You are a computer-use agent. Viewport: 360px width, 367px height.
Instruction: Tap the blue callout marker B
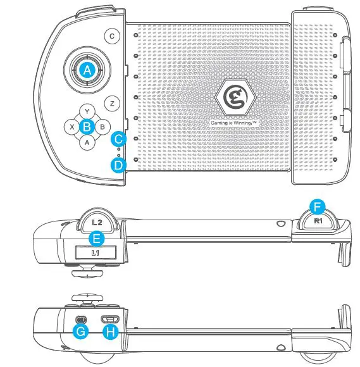tap(88, 126)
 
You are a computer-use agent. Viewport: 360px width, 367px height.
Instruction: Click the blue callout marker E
tap(96, 239)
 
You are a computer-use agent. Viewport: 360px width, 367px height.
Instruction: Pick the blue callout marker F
tap(318, 206)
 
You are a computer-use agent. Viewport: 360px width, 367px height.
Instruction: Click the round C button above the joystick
tap(112, 36)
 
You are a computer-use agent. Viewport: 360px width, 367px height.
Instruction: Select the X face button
tap(73, 127)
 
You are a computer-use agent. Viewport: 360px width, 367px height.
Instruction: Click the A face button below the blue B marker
tap(87, 142)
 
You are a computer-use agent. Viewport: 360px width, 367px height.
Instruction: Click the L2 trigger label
tap(97, 223)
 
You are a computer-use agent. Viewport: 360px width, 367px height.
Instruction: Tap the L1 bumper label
tap(96, 253)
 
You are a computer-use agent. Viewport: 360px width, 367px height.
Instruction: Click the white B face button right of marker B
tap(102, 127)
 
